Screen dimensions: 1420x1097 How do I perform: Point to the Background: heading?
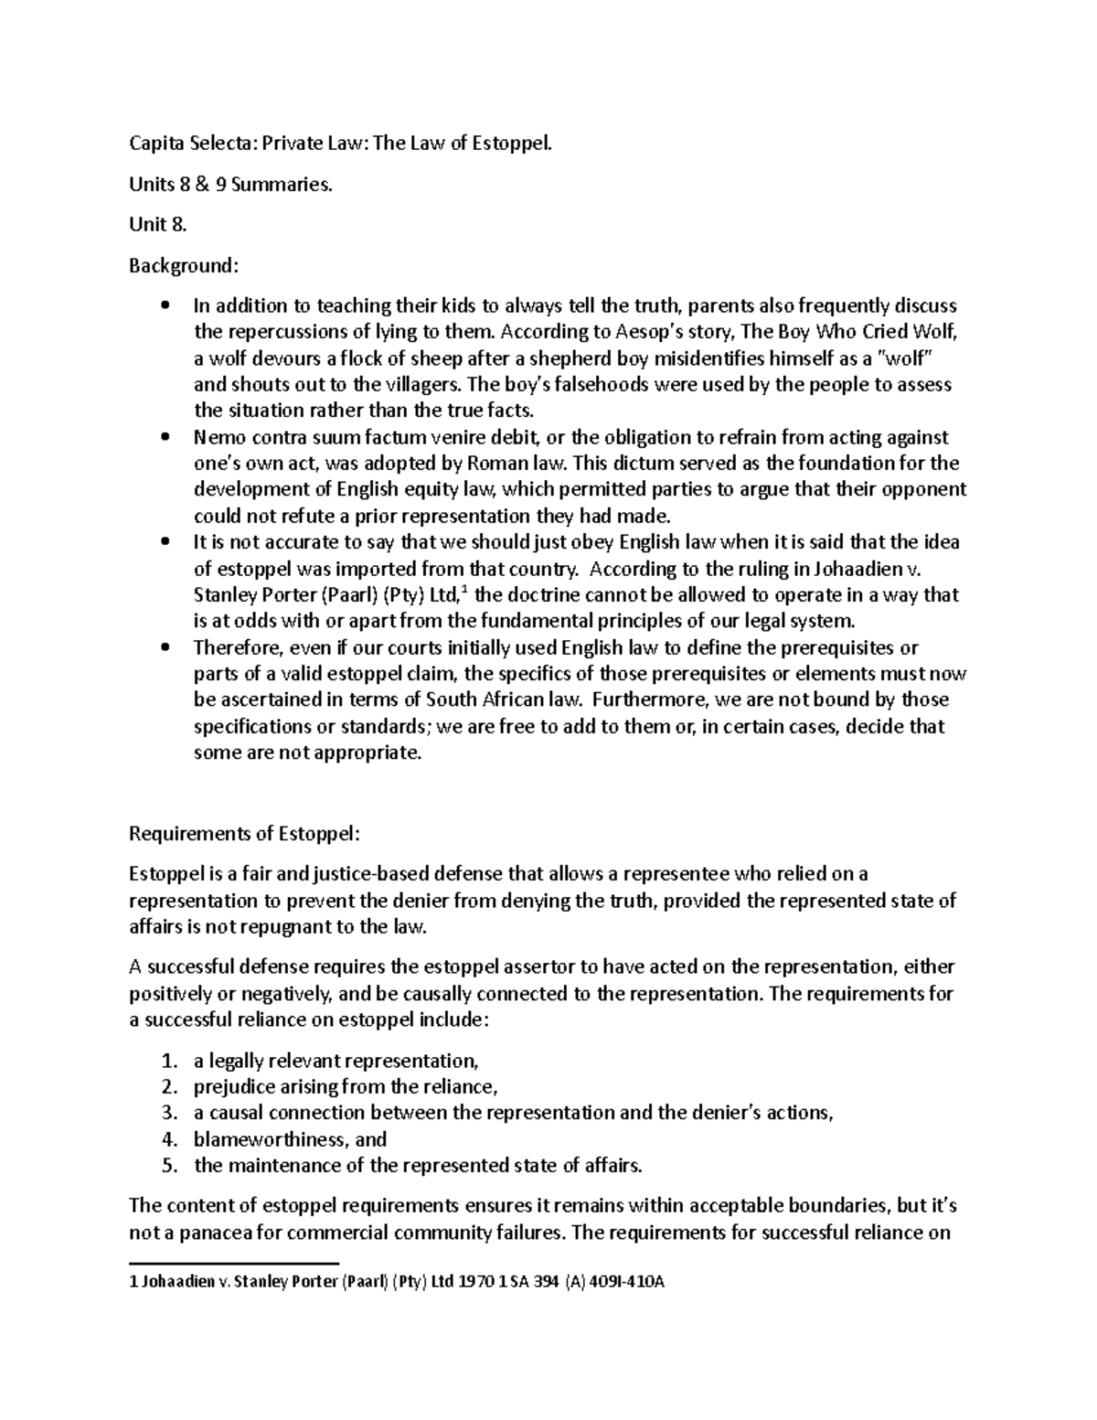pos(184,266)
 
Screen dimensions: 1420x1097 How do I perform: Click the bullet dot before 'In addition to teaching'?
pos(165,305)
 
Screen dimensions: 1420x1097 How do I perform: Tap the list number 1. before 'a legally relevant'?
pos(167,1062)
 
